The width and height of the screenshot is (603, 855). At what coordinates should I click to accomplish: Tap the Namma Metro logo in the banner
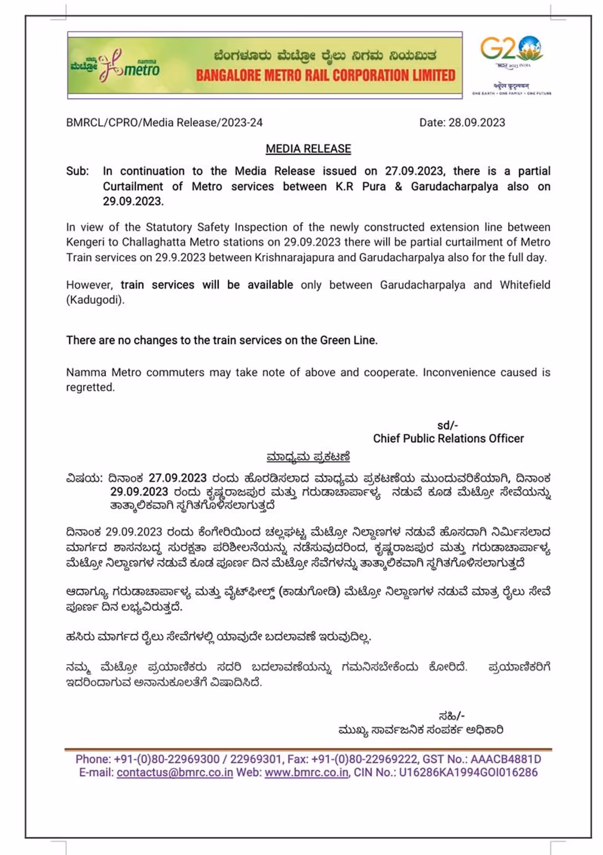[115, 66]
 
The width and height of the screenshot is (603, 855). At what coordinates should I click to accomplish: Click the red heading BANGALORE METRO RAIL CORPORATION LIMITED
[326, 75]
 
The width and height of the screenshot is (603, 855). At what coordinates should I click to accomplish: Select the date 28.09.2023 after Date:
[476, 123]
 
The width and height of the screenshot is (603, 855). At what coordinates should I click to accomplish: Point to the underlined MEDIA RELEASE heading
[308, 149]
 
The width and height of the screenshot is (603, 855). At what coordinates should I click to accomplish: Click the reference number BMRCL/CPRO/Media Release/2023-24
[164, 123]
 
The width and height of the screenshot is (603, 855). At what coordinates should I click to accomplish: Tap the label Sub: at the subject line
[77, 171]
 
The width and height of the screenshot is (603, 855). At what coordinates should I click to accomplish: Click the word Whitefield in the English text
[525, 285]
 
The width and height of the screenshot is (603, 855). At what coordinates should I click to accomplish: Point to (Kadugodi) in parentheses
[95, 300]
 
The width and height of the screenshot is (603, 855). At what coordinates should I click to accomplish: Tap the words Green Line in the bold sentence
[348, 340]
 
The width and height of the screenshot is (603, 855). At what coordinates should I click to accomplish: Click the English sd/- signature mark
[447, 425]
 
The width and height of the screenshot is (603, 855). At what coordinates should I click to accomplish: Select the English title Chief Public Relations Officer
[448, 439]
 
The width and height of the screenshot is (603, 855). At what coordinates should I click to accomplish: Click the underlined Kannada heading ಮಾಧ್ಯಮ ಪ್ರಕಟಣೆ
[308, 457]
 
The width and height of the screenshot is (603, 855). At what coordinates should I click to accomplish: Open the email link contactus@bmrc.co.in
[175, 772]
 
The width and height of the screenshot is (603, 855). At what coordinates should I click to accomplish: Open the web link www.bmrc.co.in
[306, 772]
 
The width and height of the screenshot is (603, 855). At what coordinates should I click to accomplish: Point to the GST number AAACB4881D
[505, 759]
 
